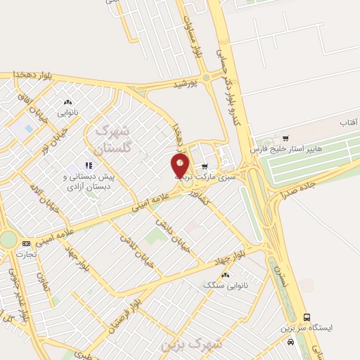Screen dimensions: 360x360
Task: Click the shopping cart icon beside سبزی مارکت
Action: tap(205, 167)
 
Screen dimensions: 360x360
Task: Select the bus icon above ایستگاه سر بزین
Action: tap(307, 318)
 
